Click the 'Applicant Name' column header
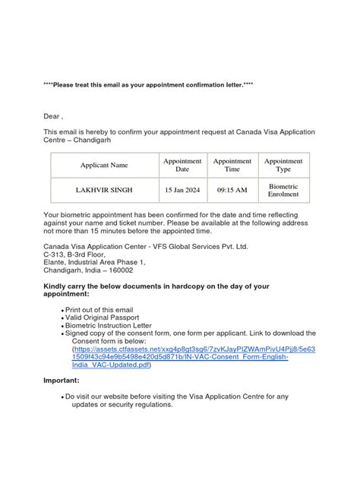click(x=104, y=165)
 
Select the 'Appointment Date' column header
click(x=182, y=165)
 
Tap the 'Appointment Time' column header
click(x=232, y=165)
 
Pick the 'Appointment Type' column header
click(x=283, y=165)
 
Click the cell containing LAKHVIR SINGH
click(x=104, y=190)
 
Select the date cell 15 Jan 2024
click(x=182, y=190)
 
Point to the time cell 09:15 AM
click(x=232, y=190)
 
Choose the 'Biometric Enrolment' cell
click(x=283, y=190)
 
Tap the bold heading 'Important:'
click(x=63, y=381)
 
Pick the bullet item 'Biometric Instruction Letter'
click(x=113, y=326)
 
